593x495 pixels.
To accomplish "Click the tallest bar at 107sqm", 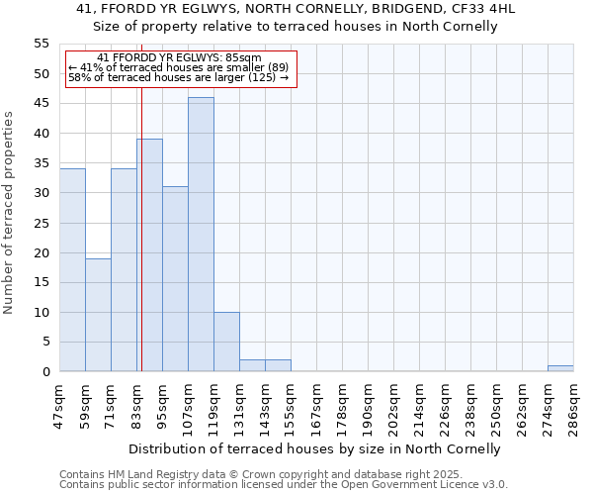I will point(201,235).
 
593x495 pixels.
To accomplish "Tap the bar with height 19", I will point(98,315).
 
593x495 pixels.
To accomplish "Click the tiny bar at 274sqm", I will point(560,368).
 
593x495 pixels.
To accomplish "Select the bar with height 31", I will point(175,279).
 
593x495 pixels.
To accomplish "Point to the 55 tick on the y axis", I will point(42,44).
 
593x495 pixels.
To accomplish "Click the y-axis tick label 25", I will point(42,223).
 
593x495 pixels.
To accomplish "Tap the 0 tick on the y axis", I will point(45,372).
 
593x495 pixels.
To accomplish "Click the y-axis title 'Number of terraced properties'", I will point(9,212).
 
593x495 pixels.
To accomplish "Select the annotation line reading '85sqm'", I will point(180,58).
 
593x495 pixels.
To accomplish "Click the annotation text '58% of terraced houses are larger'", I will point(178,77).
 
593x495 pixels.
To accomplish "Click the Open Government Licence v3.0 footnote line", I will point(284,485).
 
